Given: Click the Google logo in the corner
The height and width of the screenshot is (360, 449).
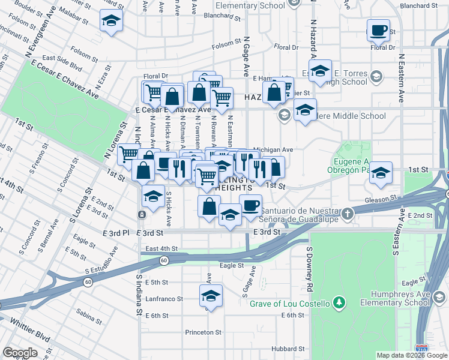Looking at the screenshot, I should [x=20, y=353].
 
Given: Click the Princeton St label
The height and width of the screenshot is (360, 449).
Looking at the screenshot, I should [x=203, y=332].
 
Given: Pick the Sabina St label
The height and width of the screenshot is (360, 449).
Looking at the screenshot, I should [x=89, y=313].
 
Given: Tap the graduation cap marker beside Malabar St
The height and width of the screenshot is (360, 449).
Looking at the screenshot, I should [x=110, y=22].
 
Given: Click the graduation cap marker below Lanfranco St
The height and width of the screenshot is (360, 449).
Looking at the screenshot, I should [x=210, y=295].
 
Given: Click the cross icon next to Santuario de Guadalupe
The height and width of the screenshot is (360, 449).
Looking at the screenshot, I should [x=347, y=214].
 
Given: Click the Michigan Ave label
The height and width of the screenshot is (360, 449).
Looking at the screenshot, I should [x=273, y=150].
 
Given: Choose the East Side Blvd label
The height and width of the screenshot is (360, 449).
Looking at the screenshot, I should [x=62, y=59].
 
